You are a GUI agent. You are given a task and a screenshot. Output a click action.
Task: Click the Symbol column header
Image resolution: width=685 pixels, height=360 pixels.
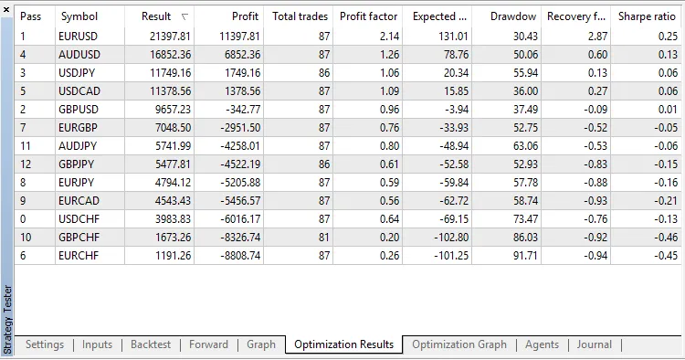pos(79,16)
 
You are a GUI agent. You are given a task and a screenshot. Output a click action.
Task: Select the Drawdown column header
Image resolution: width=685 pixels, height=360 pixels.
pos(513,16)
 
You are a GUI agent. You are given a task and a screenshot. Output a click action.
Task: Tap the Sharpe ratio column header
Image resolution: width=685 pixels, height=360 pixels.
pos(647,16)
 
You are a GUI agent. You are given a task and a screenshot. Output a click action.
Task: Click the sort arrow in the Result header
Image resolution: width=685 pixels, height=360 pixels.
pos(185,16)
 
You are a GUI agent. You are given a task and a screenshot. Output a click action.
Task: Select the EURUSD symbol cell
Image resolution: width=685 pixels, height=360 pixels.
pos(80,36)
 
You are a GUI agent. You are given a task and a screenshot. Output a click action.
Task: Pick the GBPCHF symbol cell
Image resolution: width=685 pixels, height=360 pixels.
pos(80,237)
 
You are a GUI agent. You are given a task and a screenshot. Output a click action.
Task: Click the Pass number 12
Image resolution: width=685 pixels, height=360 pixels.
pos(26,164)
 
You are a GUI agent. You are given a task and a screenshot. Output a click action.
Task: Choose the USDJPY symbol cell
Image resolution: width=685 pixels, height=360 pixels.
pos(79,72)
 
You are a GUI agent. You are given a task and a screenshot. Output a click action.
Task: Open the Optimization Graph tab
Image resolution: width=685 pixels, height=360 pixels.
pos(458,344)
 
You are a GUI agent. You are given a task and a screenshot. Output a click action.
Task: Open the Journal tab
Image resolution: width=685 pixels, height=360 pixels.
pos(595,344)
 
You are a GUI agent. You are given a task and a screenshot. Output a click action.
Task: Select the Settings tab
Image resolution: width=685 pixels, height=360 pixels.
pos(45,344)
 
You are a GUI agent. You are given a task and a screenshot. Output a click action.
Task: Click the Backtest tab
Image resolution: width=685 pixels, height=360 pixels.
pos(151,344)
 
